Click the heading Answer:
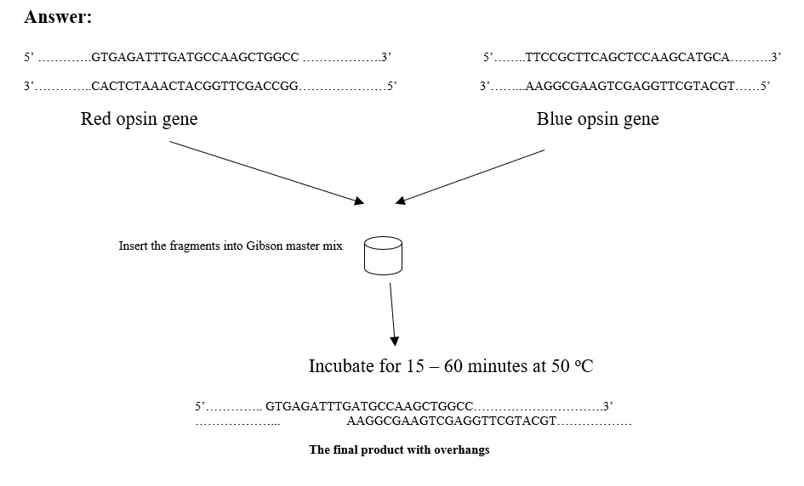(58, 17)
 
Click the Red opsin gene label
(139, 119)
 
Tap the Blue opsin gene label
(597, 119)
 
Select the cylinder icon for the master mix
(383, 256)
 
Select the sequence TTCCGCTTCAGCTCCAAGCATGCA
(628, 58)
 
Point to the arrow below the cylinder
(393, 314)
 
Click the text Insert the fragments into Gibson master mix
(231, 246)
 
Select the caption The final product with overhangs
(399, 450)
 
